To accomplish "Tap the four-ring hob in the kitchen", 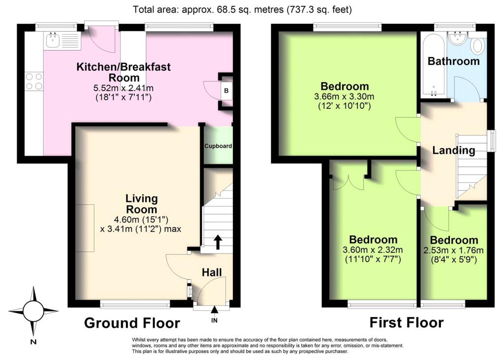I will tap(33, 81).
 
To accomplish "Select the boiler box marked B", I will tap(226, 91).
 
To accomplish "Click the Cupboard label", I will tap(219, 146).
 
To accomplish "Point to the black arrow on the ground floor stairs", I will tap(217, 242).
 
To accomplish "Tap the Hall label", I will tap(212, 272).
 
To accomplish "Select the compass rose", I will tap(33, 311).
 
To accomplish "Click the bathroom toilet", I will tap(476, 47).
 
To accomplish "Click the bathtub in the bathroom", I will tap(433, 64).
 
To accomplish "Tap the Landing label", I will tap(453, 151).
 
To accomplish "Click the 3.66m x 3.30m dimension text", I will tap(345, 96).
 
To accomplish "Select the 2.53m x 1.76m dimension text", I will tap(454, 250).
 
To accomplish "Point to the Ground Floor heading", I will tap(132, 323).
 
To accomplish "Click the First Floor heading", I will tap(407, 323).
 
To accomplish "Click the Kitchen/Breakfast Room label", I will tap(124, 72).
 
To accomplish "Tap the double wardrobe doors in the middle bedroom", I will tap(348, 181).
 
